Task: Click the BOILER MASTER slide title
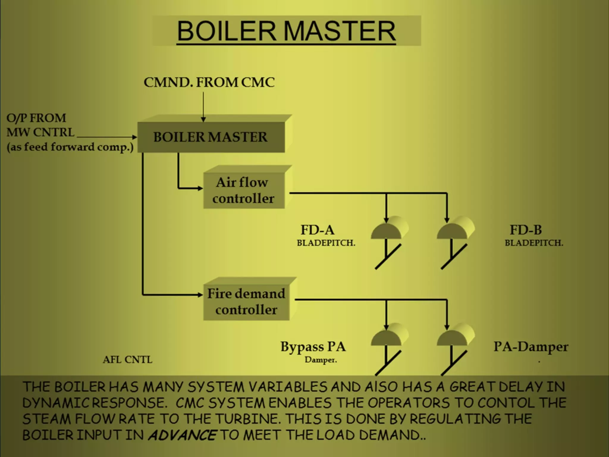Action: [286, 31]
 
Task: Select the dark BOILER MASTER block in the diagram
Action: [211, 137]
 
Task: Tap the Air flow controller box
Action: [243, 190]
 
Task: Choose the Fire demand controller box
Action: [246, 302]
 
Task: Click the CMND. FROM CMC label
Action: [209, 82]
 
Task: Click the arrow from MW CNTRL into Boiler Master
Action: [107, 137]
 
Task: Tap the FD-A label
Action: [317, 230]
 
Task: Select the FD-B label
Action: [526, 230]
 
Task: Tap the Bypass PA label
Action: [313, 347]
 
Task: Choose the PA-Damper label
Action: [531, 347]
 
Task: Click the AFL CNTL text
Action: [128, 360]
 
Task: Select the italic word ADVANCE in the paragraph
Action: [182, 435]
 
